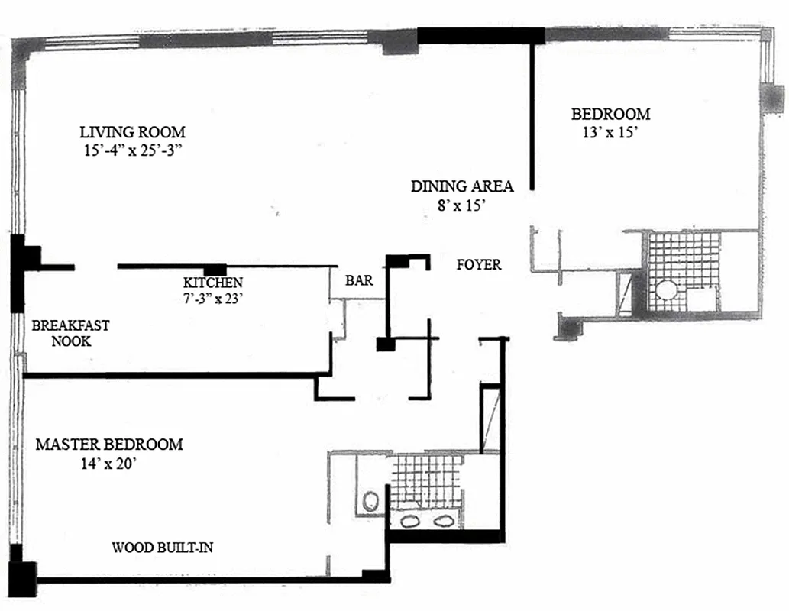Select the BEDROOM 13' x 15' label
pos(610,123)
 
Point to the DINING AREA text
pos(461,186)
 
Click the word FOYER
pos(478,265)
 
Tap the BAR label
pos(359,281)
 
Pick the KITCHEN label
pos(213,283)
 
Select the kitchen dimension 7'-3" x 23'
pos(213,299)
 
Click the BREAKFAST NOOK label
pos(70,333)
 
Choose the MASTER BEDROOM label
pos(109,445)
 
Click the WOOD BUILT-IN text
pos(168,548)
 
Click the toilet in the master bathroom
pos(371,501)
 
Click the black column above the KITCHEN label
pos(215,269)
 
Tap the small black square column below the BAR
pos(385,344)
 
